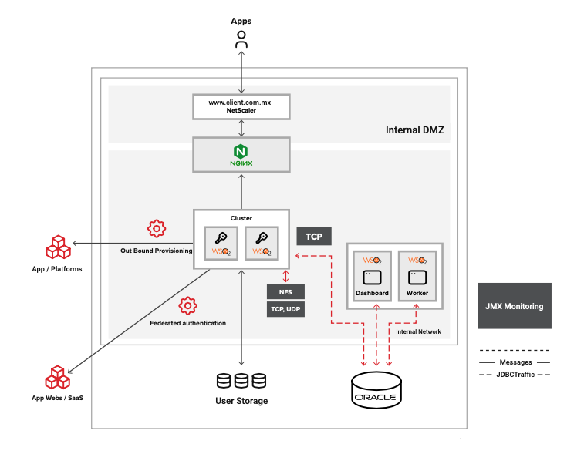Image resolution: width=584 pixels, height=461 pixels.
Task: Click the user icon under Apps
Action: coord(241,41)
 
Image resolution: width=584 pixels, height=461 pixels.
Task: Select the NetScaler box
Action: coord(241,106)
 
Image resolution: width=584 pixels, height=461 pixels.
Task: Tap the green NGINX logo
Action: coord(241,154)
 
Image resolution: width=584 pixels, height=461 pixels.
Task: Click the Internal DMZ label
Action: coord(414,130)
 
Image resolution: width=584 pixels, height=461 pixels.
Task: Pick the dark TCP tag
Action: coord(314,237)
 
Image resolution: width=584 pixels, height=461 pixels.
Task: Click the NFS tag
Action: coord(285,292)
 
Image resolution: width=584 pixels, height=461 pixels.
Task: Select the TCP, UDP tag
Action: coord(285,310)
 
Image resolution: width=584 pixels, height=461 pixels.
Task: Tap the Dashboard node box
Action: coord(372,275)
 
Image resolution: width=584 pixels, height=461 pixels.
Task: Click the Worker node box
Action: coord(417,275)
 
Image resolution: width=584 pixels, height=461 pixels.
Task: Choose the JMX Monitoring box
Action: coord(515,306)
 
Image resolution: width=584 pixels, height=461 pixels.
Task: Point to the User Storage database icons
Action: coord(241,381)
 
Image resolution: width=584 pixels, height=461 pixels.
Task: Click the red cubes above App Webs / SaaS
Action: coord(57,378)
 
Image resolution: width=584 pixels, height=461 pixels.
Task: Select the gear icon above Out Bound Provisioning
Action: coord(157,228)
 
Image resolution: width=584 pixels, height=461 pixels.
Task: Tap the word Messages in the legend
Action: coord(515,362)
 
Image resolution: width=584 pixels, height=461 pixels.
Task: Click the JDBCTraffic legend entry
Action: coord(515,374)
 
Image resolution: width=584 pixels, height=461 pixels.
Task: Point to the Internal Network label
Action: coord(418,331)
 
